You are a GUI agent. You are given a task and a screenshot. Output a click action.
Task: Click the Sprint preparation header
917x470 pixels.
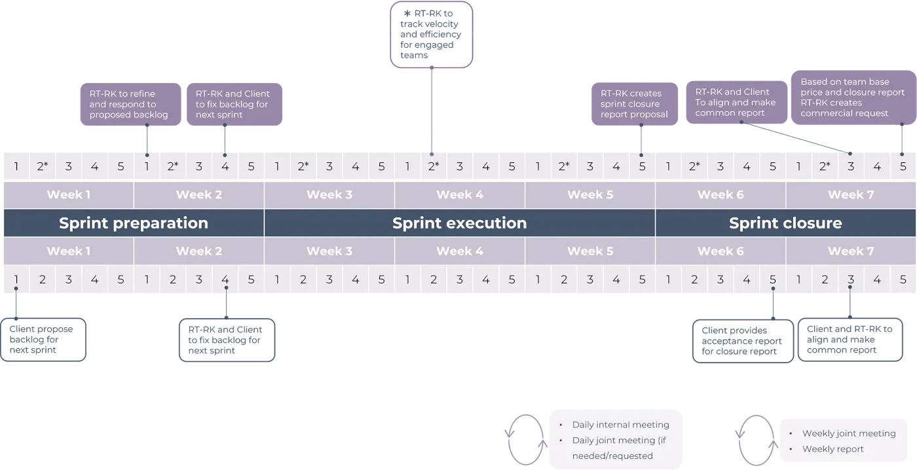[x=134, y=223]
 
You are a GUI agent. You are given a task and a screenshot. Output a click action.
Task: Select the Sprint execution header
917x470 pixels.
[x=459, y=223]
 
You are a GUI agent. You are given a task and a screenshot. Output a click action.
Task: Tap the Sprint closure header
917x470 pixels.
[x=785, y=223]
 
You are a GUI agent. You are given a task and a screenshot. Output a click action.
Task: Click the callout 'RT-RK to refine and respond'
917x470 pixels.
[x=128, y=104]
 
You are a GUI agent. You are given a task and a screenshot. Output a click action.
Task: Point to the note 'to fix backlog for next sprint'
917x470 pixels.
[x=233, y=104]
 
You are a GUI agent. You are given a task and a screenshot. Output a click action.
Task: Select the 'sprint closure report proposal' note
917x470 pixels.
[x=633, y=104]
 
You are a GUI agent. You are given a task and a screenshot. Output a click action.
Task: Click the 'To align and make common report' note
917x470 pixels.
[x=735, y=103]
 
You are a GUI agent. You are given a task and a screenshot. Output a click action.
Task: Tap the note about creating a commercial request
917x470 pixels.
[x=852, y=98]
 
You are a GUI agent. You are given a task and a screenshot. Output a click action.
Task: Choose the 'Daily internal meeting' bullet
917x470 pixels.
[x=620, y=425]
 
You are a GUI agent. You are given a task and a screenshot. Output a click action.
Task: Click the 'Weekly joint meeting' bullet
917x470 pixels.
[x=848, y=433]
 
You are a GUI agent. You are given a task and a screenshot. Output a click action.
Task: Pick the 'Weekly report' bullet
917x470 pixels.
[x=833, y=449]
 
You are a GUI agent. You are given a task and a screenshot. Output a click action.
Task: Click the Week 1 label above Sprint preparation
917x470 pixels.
[x=69, y=194]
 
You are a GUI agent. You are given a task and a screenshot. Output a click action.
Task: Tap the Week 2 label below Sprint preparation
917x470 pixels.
[x=198, y=251]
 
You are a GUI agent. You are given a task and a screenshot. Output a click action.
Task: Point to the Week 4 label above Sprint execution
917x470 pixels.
[x=459, y=194]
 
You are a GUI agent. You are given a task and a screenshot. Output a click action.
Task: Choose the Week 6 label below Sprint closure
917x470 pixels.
[x=720, y=251]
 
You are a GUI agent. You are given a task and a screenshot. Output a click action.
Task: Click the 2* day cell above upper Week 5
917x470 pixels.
[x=564, y=166]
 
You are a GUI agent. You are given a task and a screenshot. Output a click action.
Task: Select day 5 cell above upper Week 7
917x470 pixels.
[x=903, y=166]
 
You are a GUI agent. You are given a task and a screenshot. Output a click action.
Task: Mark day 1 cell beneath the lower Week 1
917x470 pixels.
[x=16, y=280]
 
